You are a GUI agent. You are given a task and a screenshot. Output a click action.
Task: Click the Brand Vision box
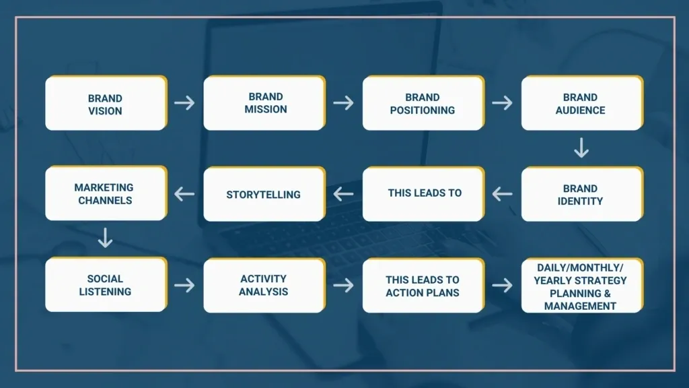[106, 103]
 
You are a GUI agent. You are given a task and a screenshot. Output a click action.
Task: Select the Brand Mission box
[264, 103]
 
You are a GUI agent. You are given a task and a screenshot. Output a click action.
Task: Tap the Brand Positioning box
[424, 103]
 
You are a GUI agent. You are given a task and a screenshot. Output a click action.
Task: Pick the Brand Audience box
[582, 103]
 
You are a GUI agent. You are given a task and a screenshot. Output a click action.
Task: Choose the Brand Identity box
[582, 194]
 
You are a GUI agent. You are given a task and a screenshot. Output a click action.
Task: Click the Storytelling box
[264, 194]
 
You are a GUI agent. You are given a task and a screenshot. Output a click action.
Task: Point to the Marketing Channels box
[106, 193]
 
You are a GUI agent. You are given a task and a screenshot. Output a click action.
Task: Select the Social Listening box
[106, 285]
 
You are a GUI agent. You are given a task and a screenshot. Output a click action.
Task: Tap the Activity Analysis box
[264, 286]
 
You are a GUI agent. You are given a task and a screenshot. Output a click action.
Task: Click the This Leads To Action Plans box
[424, 286]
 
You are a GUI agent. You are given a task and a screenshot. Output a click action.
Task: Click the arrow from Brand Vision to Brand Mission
[184, 103]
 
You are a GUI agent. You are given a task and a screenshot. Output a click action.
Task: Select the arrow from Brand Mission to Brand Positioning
[344, 103]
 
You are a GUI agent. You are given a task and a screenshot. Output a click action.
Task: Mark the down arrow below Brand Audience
[581, 148]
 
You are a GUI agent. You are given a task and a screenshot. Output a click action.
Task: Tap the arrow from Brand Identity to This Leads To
[502, 193]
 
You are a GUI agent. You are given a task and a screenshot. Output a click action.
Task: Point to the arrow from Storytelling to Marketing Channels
[184, 193]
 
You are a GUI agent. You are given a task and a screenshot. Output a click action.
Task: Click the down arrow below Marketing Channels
[105, 238]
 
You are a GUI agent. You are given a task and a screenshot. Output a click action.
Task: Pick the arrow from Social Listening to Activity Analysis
[184, 285]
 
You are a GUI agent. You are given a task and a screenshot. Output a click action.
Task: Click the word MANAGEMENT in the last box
[580, 306]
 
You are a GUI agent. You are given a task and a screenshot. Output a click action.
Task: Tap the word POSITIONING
[423, 110]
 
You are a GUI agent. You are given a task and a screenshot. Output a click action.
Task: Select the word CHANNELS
[105, 201]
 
